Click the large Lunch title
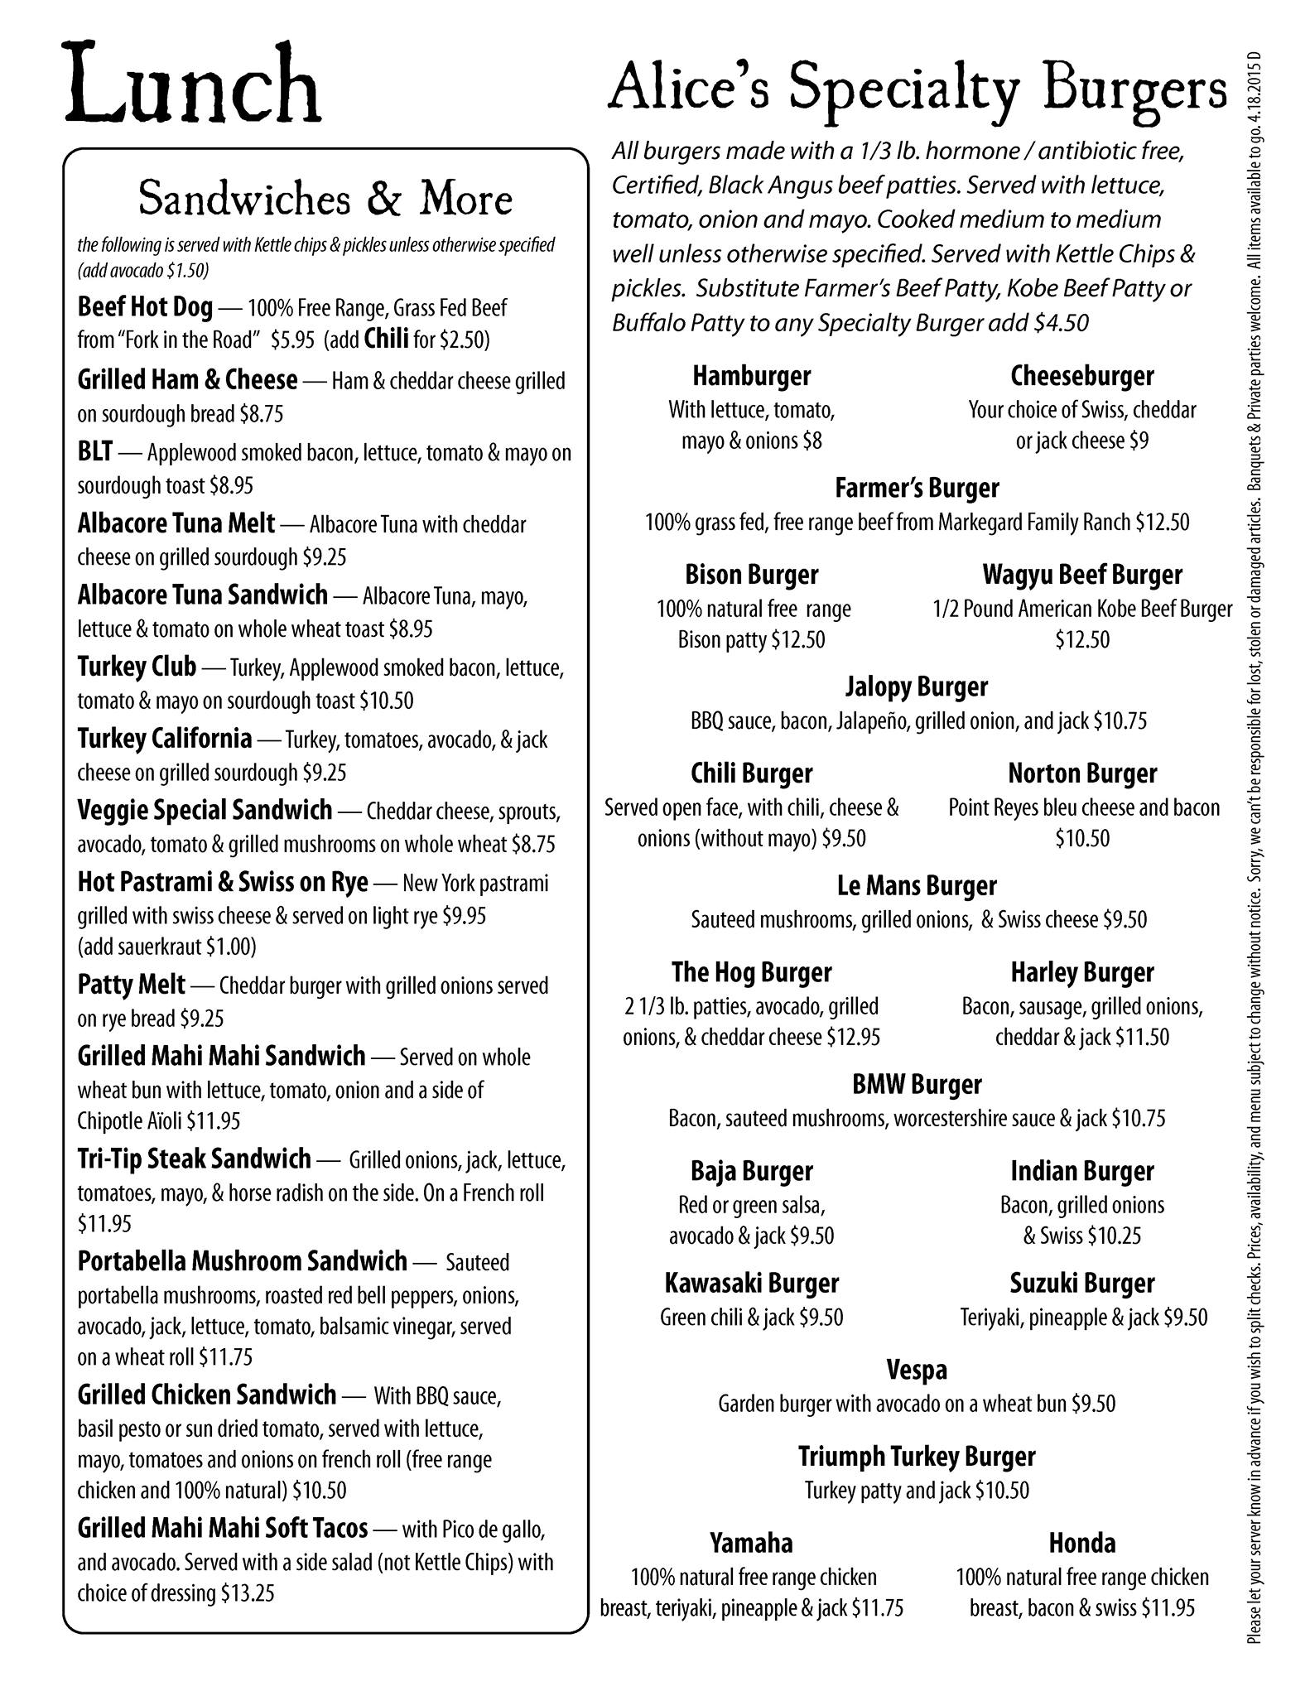194,85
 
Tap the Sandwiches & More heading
325,199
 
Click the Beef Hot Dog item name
145,307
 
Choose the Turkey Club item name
137,666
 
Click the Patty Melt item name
131,985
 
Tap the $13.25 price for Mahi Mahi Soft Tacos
248,1593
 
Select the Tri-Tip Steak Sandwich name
194,1159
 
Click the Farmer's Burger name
917,488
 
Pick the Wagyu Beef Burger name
1082,574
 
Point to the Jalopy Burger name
917,687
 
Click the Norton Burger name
1082,773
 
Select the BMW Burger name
917,1084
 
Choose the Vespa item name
917,1370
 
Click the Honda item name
1082,1543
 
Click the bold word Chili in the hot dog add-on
386,340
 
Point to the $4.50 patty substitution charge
1062,323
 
